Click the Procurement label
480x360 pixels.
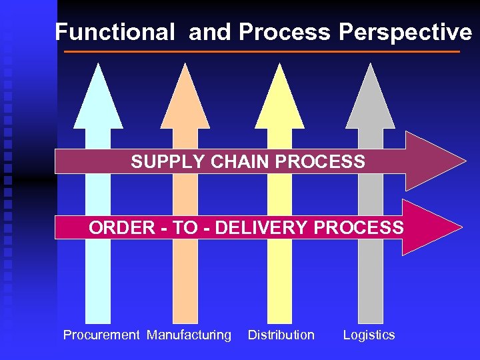click(101, 335)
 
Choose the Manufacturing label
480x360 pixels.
click(189, 335)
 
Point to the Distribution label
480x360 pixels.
click(281, 335)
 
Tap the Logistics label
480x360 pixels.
click(369, 335)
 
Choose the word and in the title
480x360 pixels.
click(209, 31)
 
